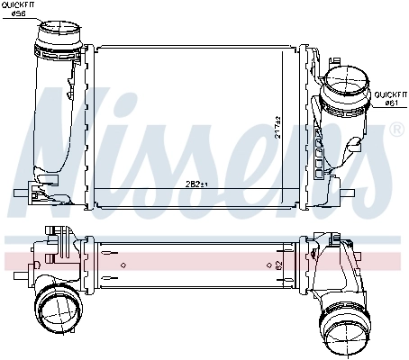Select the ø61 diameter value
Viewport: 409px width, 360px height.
pyautogui.click(x=391, y=102)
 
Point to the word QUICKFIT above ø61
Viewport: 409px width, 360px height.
pyautogui.click(x=391, y=94)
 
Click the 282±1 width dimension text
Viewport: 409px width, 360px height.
pyautogui.click(x=196, y=184)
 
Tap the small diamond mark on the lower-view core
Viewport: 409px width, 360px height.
pyautogui.click(x=124, y=265)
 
